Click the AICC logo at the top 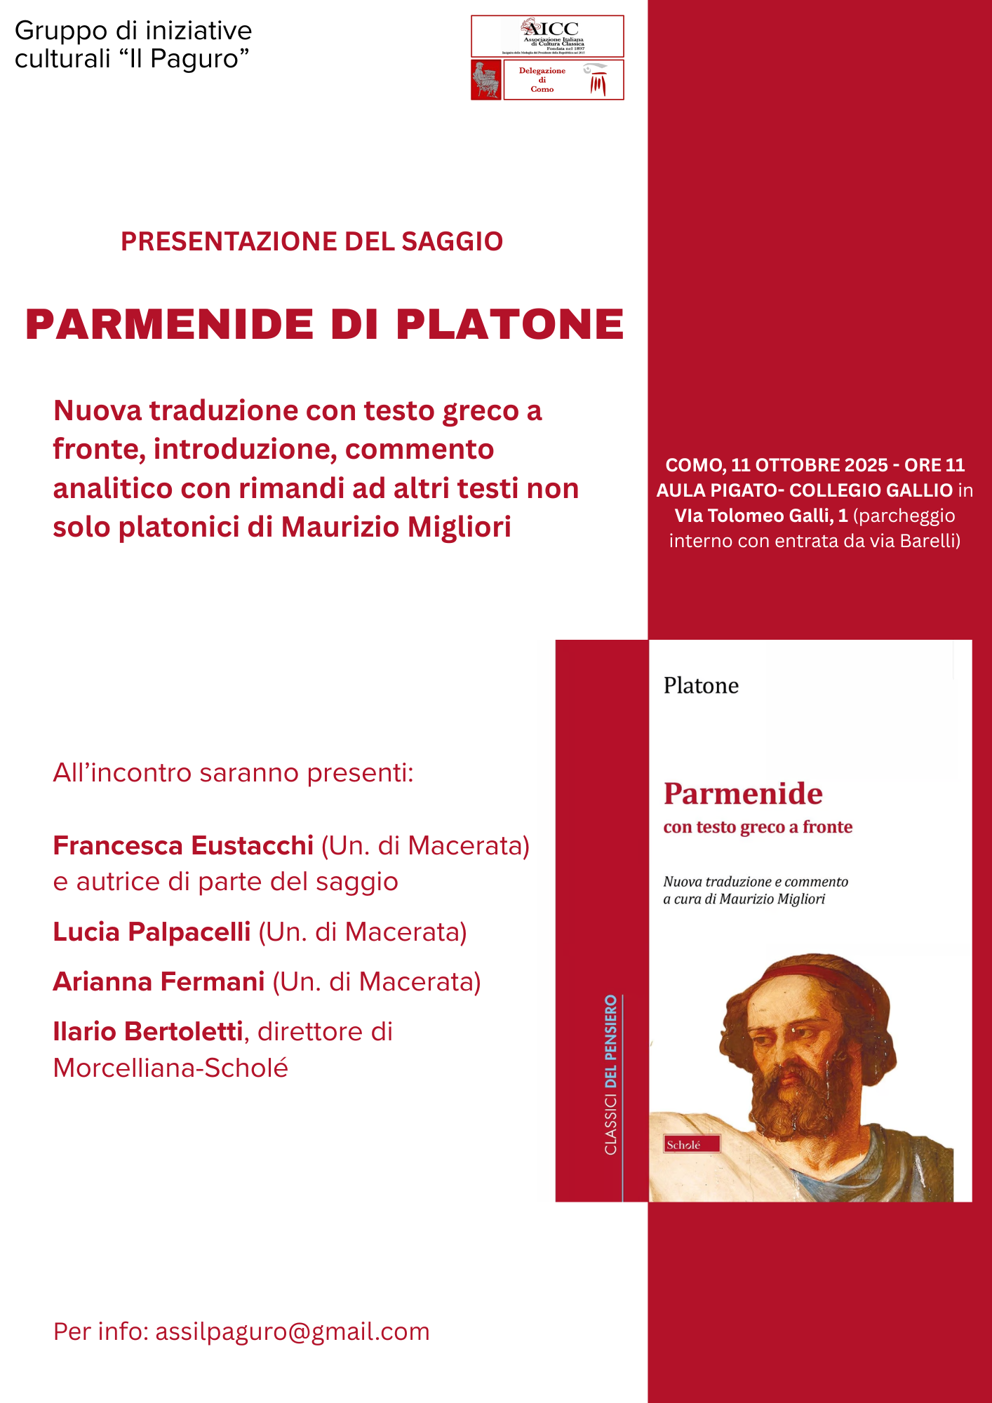pos(547,36)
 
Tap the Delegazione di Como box pos(563,80)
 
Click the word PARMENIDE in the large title pos(169,325)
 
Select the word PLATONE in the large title pos(510,325)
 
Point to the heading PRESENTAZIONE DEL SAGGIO pos(311,241)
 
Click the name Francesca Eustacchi pos(183,846)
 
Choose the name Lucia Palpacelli pos(152,932)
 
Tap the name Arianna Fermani pos(159,981)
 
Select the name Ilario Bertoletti pos(147,1031)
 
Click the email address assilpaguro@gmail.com pos(292,1331)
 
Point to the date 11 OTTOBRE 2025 pos(809,465)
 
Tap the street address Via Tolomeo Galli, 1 pos(760,516)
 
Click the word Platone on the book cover pos(701,685)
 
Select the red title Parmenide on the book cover pos(743,794)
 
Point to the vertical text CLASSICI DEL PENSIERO pos(611,1074)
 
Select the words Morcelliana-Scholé pos(170,1068)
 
